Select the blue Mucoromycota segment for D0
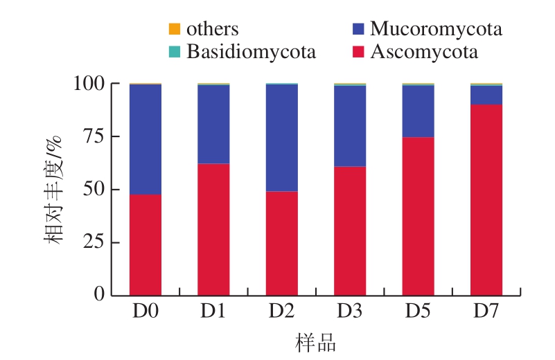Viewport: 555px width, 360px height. pyautogui.click(x=146, y=139)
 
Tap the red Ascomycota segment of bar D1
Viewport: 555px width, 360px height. pyautogui.click(x=213, y=229)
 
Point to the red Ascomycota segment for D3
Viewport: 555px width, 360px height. pyautogui.click(x=350, y=231)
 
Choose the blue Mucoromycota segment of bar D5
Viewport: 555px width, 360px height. pyautogui.click(x=419, y=111)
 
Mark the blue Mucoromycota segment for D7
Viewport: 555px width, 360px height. pyautogui.click(x=486, y=95)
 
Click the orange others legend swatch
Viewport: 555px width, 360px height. pyautogui.click(x=175, y=29)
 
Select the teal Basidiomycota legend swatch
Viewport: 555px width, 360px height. pyautogui.click(x=175, y=51)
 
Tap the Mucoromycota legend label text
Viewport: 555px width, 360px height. pyautogui.click(x=436, y=29)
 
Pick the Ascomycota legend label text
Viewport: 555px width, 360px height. pyautogui.click(x=423, y=51)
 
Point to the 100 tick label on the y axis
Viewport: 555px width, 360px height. pyautogui.click(x=88, y=84)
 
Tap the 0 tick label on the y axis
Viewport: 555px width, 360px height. pyautogui.click(x=100, y=294)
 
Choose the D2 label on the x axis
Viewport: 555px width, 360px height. pyautogui.click(x=282, y=312)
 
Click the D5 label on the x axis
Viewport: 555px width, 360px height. pyautogui.click(x=419, y=312)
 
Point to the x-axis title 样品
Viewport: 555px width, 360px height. pyautogui.click(x=316, y=342)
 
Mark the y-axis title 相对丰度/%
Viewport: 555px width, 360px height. pyautogui.click(x=55, y=189)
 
